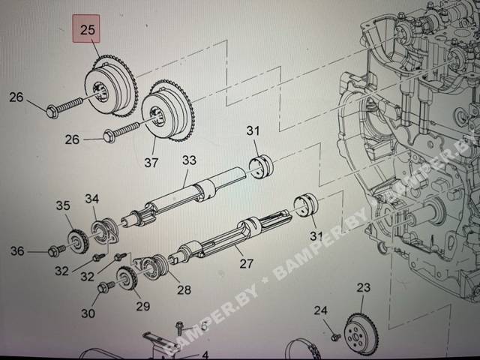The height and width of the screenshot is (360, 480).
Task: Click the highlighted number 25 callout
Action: click(x=86, y=28)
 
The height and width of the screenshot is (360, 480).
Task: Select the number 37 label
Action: click(x=151, y=163)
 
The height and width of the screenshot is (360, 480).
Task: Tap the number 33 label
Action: click(x=189, y=160)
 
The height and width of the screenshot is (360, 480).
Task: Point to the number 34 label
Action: click(x=92, y=199)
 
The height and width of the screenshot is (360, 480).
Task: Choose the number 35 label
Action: click(x=63, y=205)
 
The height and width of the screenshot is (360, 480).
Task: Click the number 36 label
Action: click(x=17, y=251)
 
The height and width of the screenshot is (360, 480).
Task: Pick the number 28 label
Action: click(x=184, y=289)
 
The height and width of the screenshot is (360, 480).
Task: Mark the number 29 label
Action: click(x=143, y=306)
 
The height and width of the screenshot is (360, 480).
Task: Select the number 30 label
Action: click(x=88, y=313)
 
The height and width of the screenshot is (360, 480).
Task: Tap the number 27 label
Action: click(x=247, y=263)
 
